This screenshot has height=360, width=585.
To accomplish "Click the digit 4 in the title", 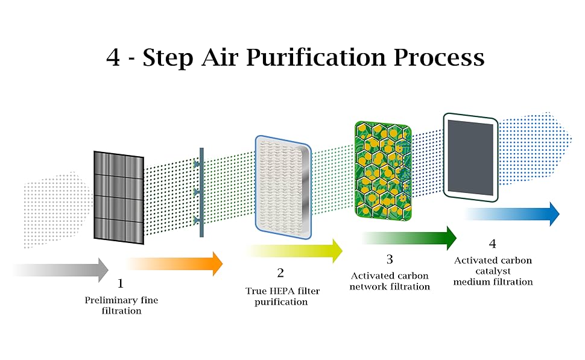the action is (113, 58).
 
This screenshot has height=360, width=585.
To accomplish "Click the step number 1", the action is (120, 283).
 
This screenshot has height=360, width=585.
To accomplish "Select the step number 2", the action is (280, 273).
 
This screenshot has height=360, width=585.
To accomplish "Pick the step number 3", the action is (390, 259).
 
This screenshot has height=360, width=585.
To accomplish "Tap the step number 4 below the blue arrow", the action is (493, 244).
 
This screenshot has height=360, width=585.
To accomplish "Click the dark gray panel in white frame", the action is (470, 156).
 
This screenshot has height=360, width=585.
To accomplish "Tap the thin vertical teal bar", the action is (202, 192).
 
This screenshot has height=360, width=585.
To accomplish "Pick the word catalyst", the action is (493, 271).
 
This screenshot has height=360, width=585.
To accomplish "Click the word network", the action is (368, 286).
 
